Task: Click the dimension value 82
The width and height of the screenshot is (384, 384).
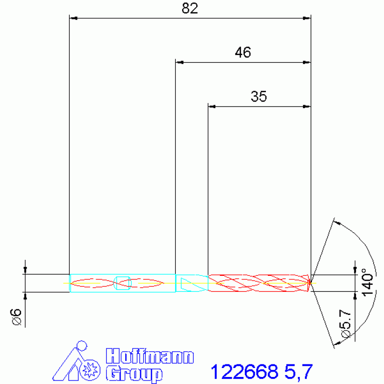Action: [190, 9]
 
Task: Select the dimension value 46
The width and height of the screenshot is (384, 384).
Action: [243, 53]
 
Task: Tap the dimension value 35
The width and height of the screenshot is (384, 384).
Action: [259, 97]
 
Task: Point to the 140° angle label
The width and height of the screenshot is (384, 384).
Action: [367, 282]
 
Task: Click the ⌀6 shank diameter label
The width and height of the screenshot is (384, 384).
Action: [16, 317]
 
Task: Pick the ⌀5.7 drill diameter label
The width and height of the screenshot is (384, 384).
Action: [345, 324]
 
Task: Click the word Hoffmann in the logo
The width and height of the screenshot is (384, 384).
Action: [150, 356]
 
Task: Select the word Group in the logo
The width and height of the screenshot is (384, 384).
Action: [134, 373]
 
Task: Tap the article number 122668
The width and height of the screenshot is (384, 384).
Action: [244, 372]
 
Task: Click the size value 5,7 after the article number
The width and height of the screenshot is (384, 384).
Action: [298, 372]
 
